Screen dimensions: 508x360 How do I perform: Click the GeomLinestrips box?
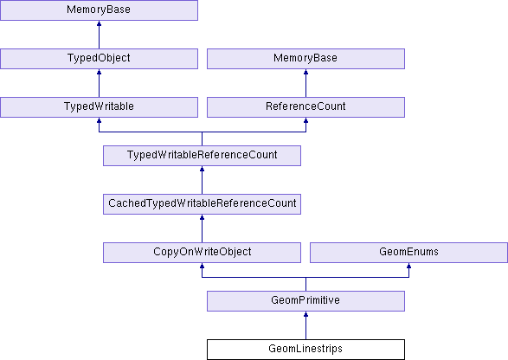[x=305, y=350]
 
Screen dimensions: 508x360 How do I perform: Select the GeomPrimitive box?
[x=305, y=301]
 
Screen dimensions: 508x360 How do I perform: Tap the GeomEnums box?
[x=408, y=253]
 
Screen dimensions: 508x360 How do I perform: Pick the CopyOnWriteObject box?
[x=203, y=253]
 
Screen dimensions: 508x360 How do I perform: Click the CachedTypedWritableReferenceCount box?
[x=203, y=204]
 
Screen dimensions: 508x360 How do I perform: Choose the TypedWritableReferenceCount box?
[x=203, y=156]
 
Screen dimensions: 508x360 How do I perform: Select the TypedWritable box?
[x=100, y=107]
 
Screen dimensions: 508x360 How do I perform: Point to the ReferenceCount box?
[x=305, y=107]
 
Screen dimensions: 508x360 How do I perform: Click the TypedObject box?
[x=100, y=59]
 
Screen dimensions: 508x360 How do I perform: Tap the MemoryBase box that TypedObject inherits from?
[x=100, y=10]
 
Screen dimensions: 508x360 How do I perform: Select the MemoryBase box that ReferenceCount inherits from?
[x=305, y=59]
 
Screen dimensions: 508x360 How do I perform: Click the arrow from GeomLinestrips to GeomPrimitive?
[x=305, y=325]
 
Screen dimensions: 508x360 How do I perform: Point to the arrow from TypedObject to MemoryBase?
[x=100, y=35]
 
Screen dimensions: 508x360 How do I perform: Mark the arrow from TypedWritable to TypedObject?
[x=100, y=83]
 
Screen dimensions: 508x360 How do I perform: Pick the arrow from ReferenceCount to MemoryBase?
[x=305, y=83]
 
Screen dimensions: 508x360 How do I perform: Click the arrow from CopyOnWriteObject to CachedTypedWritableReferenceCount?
[x=203, y=228]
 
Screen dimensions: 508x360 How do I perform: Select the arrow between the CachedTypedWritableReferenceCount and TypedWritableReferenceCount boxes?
[x=203, y=180]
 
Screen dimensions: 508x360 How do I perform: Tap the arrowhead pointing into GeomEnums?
[x=408, y=266]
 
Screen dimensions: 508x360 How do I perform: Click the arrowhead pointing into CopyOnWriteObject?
[x=203, y=266]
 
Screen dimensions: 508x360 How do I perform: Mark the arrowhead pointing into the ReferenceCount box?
[x=305, y=120]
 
